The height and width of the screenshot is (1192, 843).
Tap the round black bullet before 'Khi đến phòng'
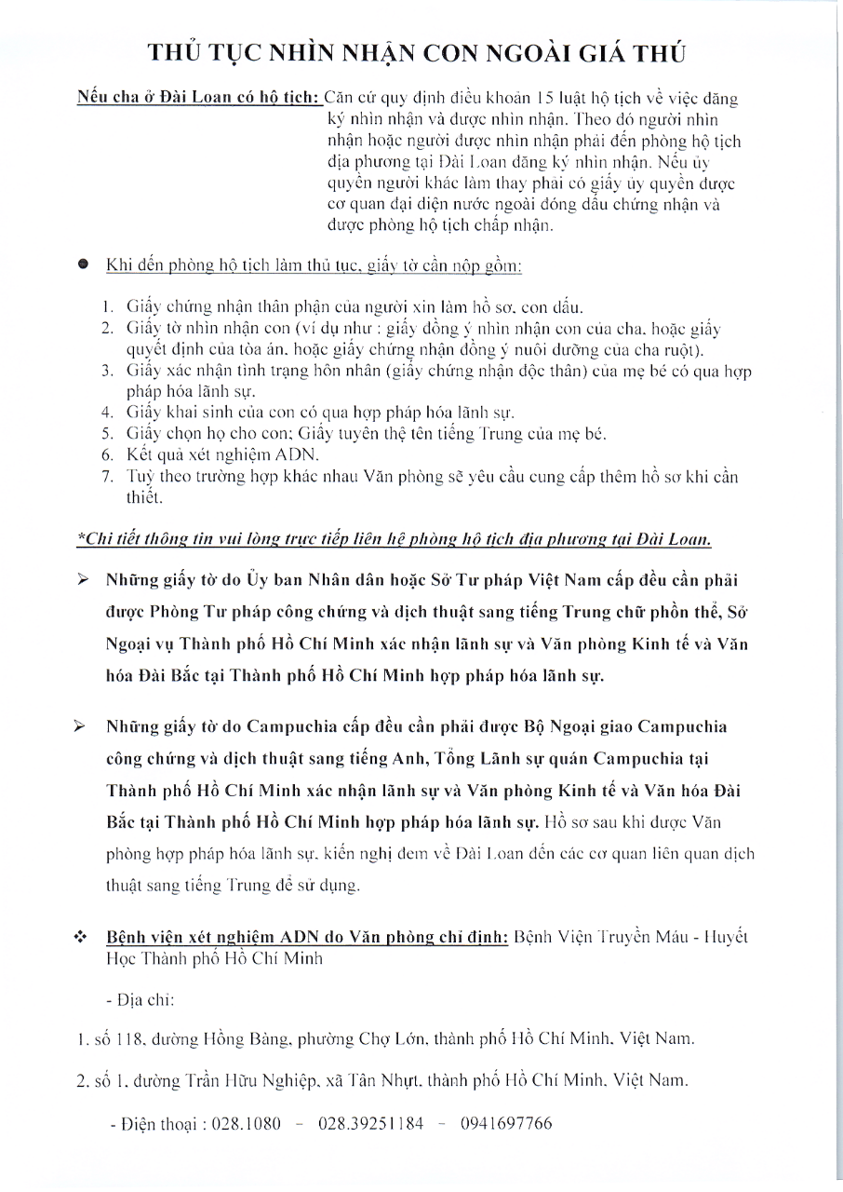tap(83, 265)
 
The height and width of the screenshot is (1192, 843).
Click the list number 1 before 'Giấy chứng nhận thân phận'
tap(108, 305)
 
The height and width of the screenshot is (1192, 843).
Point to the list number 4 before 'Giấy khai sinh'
tap(108, 412)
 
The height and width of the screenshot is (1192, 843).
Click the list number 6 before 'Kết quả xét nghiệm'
tap(108, 454)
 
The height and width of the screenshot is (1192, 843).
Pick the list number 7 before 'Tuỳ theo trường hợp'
tap(108, 477)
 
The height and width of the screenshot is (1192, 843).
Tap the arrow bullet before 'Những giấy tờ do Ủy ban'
tap(83, 581)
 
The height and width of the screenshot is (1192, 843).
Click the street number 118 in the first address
tap(129, 1038)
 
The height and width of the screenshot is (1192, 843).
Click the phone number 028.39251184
tap(370, 1123)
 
